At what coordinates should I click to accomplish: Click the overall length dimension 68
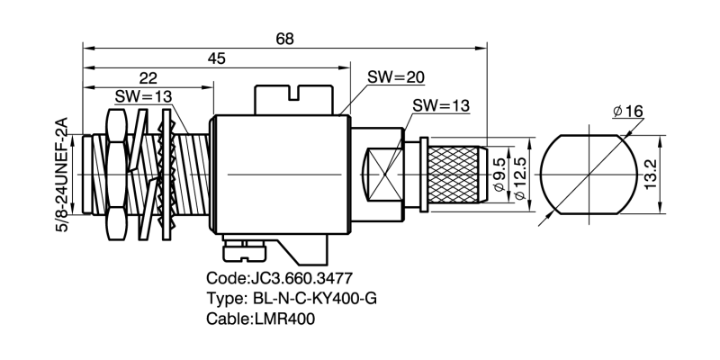284,39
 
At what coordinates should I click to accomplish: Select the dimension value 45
217,58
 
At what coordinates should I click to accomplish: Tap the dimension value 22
148,78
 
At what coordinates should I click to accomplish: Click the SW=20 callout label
396,77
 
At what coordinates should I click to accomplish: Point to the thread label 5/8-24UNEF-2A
61,175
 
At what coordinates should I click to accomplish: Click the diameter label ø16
627,111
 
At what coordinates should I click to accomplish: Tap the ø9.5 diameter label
499,175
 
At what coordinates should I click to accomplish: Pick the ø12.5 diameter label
519,175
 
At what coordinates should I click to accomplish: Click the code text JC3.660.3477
301,278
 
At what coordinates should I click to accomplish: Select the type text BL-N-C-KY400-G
315,299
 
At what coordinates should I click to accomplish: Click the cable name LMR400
284,319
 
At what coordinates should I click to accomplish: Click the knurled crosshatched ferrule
454,175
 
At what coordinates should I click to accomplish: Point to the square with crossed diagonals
385,175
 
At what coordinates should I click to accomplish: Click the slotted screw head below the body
244,253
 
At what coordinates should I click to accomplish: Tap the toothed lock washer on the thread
166,175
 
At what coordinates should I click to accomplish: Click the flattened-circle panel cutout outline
589,175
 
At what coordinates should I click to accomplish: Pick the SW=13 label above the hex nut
143,97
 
